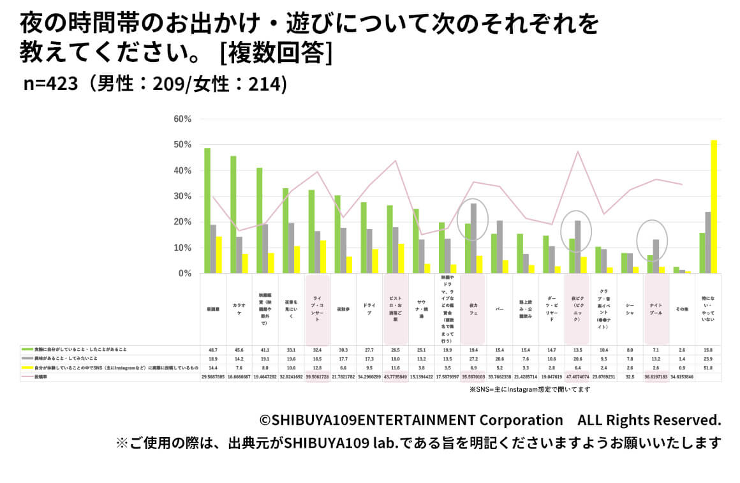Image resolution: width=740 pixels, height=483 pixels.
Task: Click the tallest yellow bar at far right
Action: (714, 207)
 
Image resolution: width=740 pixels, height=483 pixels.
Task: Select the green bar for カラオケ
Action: (233, 214)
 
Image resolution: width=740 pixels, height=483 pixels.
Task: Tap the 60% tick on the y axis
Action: (182, 119)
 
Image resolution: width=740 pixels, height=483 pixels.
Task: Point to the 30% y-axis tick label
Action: (182, 197)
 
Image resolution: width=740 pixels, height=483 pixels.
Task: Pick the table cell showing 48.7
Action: (213, 350)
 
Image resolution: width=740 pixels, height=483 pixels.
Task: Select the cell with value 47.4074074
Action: (578, 377)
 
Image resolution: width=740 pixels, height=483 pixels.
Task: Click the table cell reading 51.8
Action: (708, 368)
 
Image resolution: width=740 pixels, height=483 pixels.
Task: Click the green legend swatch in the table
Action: (27, 350)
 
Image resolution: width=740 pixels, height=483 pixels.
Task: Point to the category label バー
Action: (500, 309)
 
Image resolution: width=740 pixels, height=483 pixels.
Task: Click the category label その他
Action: (682, 309)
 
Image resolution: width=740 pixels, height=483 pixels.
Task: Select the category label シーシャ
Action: (630, 309)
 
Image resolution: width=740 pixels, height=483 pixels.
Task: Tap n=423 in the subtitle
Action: (50, 84)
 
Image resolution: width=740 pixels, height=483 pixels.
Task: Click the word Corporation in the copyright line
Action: (521, 420)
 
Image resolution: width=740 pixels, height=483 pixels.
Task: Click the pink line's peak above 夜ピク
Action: (578, 151)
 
